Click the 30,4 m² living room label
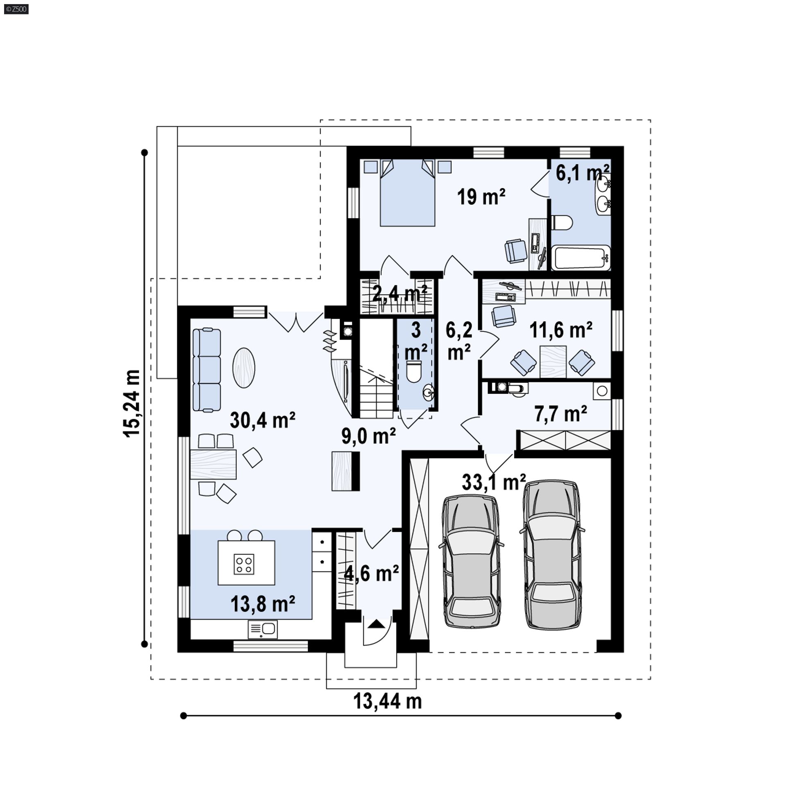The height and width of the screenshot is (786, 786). click(262, 420)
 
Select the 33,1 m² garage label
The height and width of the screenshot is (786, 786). click(494, 482)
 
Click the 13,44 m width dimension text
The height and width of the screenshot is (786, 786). click(387, 701)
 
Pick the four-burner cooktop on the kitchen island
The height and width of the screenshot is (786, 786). click(244, 564)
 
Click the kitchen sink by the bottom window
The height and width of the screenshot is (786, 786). click(262, 629)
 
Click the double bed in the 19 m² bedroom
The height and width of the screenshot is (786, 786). click(407, 192)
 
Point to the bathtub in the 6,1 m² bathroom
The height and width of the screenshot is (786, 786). click(580, 257)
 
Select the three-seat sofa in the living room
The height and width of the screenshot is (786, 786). click(206, 370)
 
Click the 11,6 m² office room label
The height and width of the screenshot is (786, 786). click(561, 330)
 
